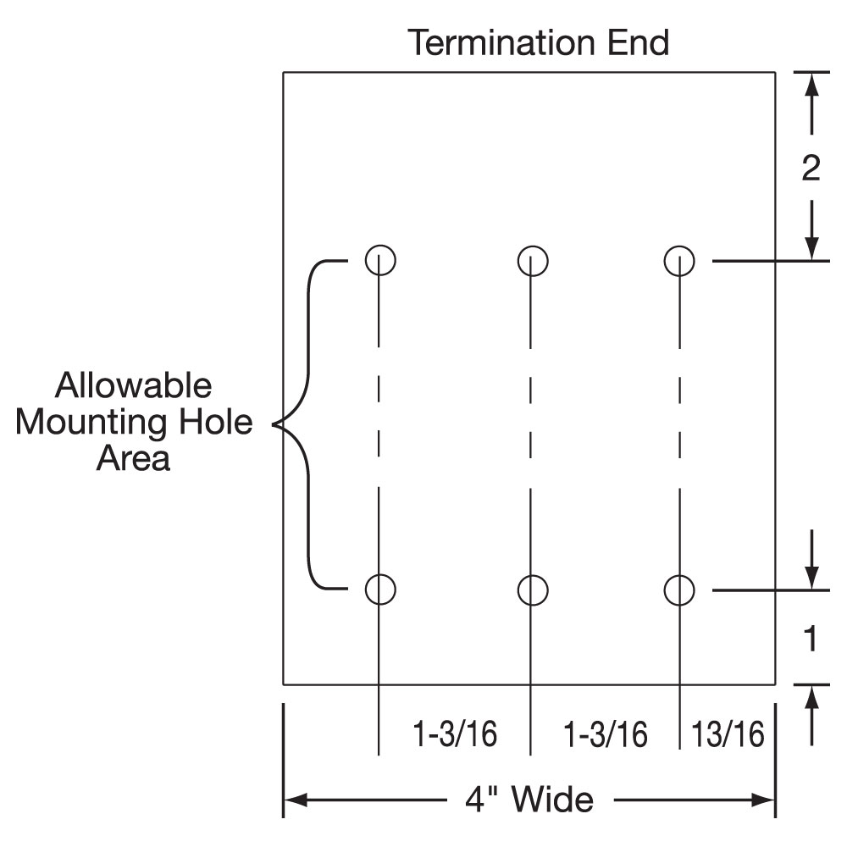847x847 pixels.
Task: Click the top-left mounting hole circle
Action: pyautogui.click(x=380, y=259)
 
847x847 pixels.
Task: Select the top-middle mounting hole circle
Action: pyautogui.click(x=532, y=260)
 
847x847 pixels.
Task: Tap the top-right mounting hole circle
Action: pyautogui.click(x=679, y=260)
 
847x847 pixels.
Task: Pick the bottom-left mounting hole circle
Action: pyautogui.click(x=380, y=589)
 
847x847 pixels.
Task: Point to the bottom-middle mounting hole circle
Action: pyautogui.click(x=532, y=590)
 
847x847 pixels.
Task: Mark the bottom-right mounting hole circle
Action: pyautogui.click(x=679, y=590)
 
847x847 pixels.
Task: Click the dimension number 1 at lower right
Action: pyautogui.click(x=811, y=639)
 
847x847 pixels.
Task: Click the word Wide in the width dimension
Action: pyautogui.click(x=554, y=799)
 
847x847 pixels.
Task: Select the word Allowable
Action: pyautogui.click(x=134, y=386)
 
